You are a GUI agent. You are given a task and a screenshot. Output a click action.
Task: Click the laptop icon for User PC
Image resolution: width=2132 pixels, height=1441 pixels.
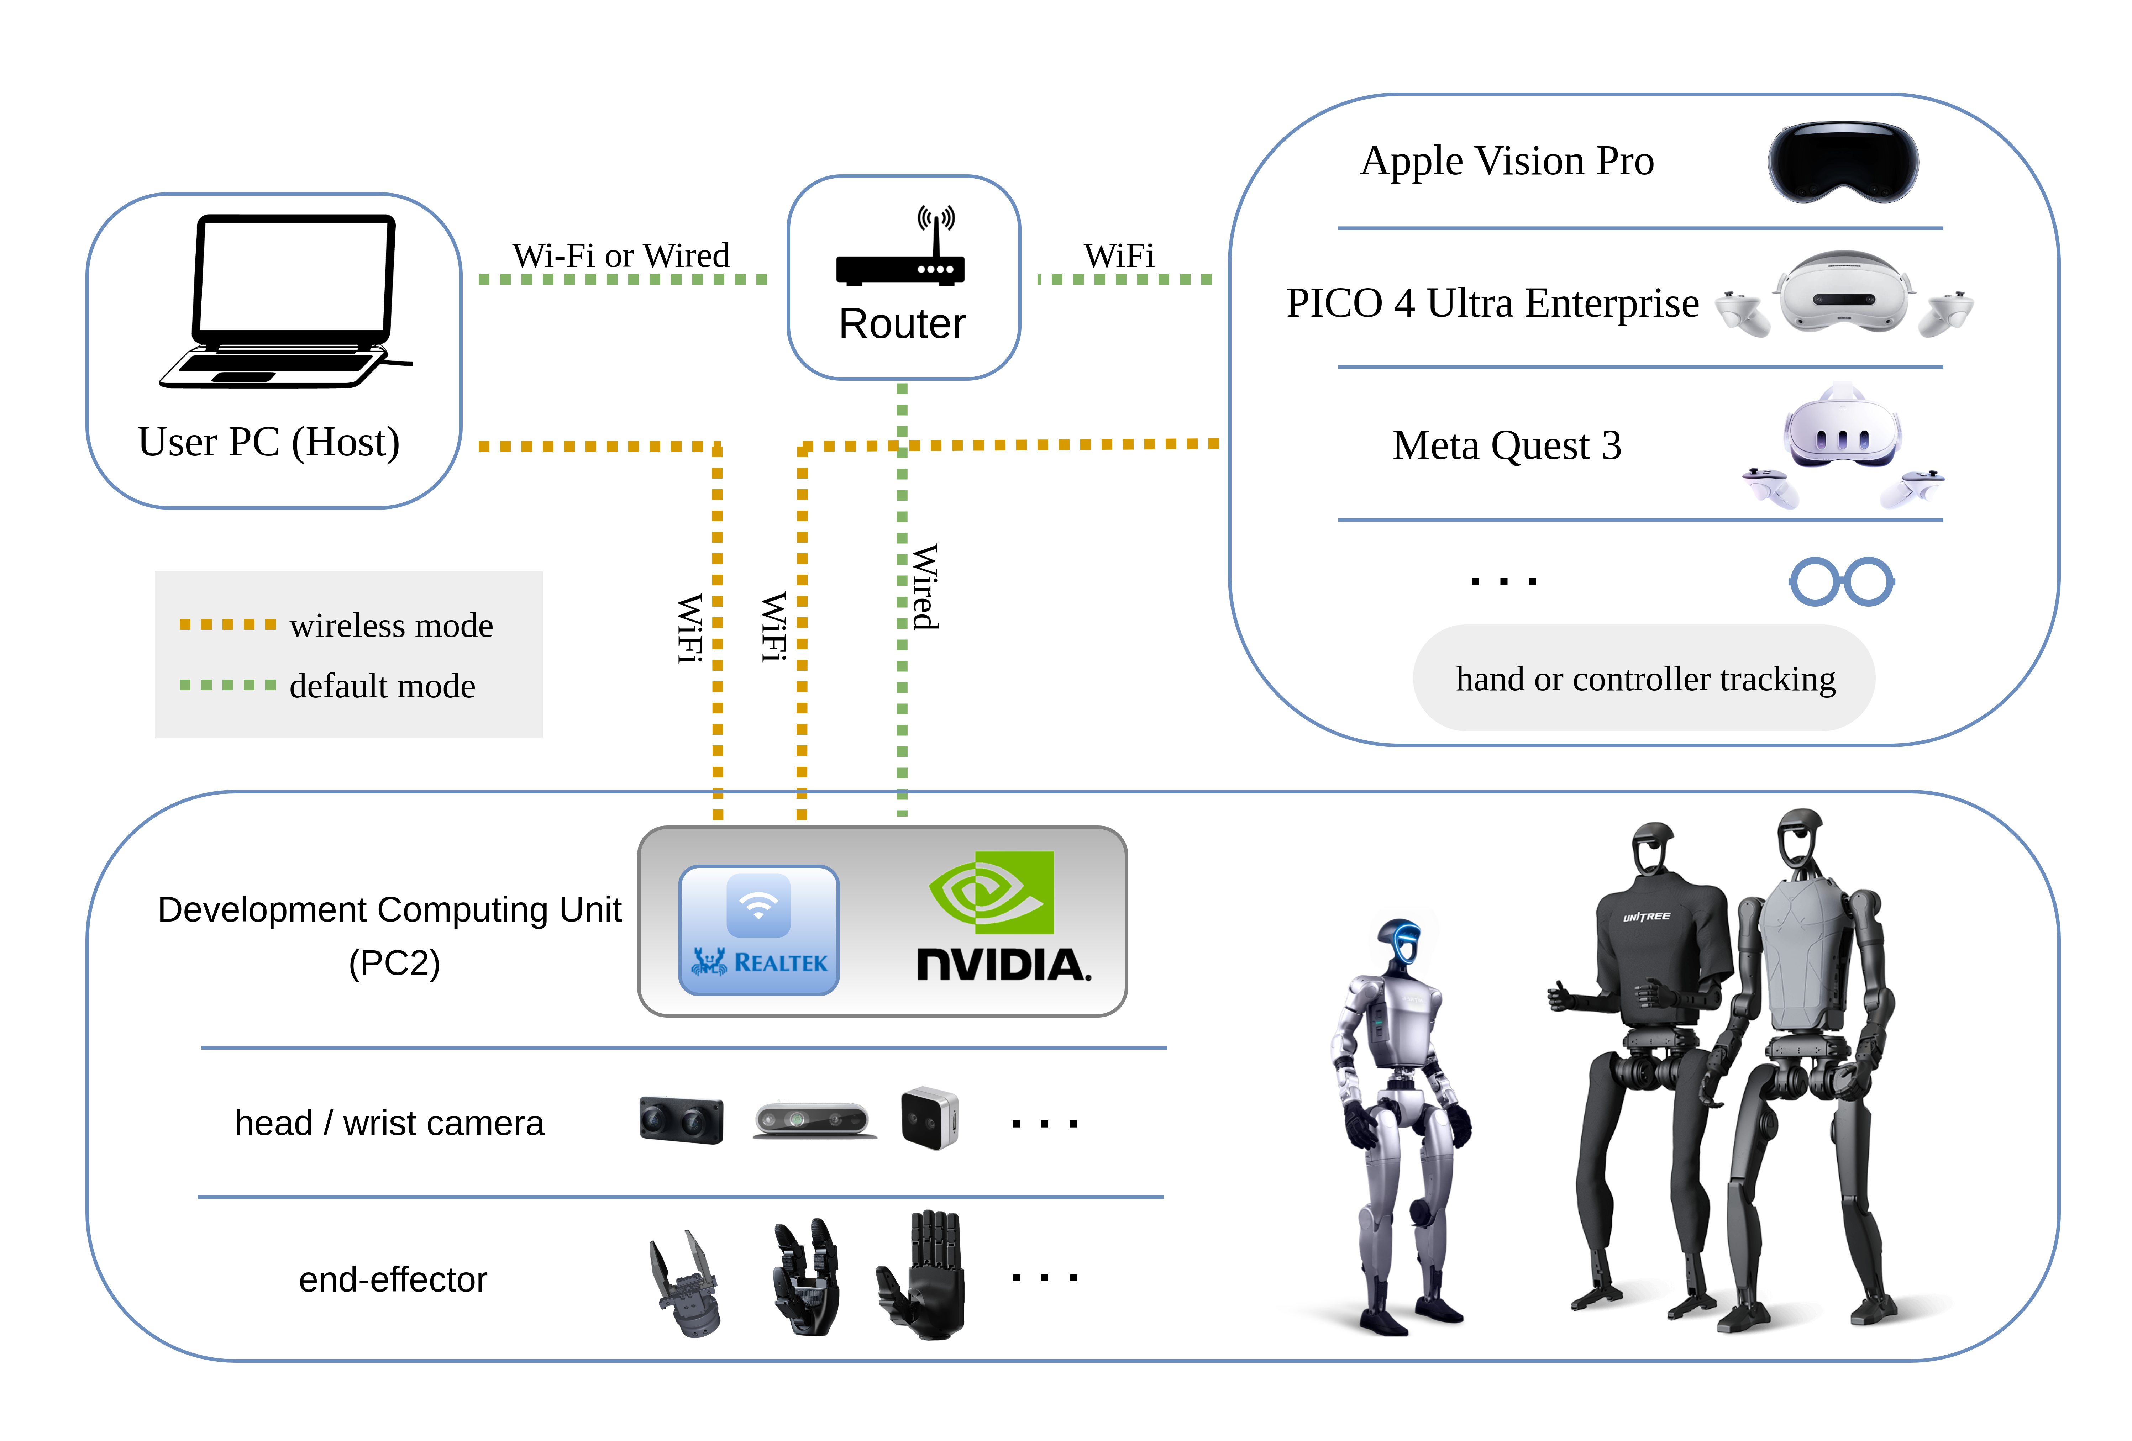pos(286,301)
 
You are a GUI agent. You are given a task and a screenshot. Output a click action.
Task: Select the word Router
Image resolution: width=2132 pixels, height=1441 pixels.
pos(902,324)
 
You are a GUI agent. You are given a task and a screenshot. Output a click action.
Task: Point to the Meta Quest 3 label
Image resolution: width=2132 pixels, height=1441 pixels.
pos(1506,446)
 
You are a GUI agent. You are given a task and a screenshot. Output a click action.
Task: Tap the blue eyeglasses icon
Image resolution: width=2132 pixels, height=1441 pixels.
pos(1841,581)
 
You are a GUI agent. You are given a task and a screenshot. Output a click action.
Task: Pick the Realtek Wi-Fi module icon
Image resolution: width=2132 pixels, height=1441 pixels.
pos(759,930)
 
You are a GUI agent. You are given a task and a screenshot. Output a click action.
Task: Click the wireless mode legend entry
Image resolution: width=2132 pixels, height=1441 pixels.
pos(336,626)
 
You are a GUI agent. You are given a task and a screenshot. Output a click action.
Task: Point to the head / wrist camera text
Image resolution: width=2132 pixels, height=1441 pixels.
pos(389,1123)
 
